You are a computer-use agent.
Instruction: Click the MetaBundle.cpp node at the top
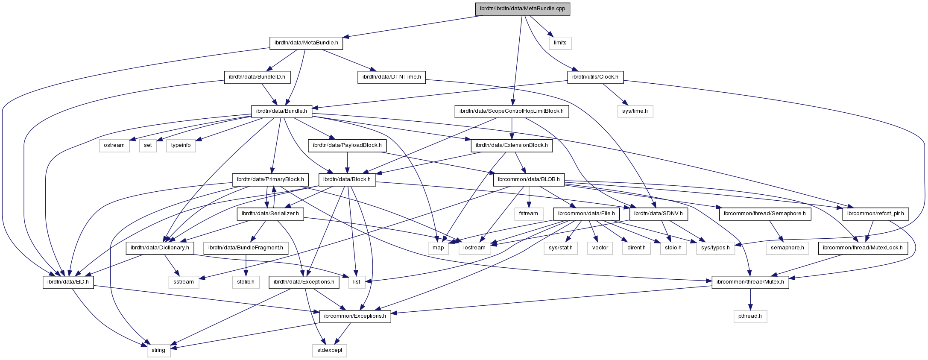point(522,9)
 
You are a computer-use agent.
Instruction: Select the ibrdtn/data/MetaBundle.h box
point(306,43)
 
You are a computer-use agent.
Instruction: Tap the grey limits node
point(560,43)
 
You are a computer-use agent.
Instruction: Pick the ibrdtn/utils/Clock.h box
point(595,77)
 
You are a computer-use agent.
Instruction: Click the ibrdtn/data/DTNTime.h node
point(392,77)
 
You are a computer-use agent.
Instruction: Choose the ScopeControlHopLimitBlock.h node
point(511,111)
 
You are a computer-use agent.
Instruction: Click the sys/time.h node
point(635,111)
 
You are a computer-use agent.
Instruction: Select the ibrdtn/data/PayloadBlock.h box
point(347,145)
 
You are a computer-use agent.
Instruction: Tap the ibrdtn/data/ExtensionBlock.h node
point(512,145)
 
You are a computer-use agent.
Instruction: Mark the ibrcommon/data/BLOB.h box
point(529,179)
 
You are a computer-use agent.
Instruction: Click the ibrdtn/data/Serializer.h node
point(270,214)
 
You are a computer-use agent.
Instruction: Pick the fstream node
point(529,214)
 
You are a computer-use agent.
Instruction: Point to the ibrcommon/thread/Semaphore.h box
point(765,214)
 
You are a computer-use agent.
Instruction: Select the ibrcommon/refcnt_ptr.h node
point(875,214)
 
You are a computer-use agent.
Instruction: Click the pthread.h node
point(750,316)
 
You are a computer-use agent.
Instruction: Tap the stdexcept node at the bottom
point(329,350)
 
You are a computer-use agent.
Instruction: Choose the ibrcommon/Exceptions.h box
point(355,316)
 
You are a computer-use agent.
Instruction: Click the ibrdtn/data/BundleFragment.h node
point(246,248)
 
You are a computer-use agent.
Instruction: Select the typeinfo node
point(181,145)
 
